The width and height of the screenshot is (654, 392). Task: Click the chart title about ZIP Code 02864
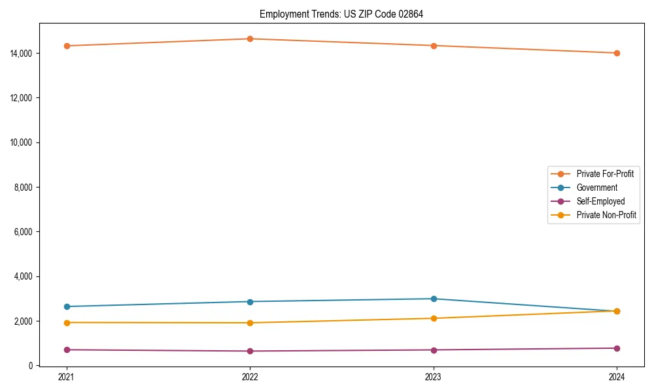click(x=341, y=14)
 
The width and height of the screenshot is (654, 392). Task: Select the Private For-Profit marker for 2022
click(x=250, y=39)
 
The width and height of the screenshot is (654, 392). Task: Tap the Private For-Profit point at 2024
click(x=617, y=53)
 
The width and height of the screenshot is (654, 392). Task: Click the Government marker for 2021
click(x=66, y=306)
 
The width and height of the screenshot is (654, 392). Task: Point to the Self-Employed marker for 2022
click(x=250, y=351)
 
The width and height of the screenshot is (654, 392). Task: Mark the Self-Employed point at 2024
click(x=617, y=348)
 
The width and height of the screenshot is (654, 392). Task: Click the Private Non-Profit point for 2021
click(x=66, y=323)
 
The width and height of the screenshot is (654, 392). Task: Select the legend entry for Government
click(x=596, y=188)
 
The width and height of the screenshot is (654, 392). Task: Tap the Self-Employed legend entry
click(x=600, y=201)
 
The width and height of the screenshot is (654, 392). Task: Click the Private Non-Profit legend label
click(x=606, y=215)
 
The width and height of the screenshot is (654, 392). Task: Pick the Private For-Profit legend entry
click(x=605, y=174)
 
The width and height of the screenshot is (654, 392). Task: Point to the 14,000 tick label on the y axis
click(x=22, y=53)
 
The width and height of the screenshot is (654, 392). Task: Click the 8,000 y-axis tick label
click(x=24, y=187)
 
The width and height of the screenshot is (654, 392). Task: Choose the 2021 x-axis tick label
click(x=66, y=377)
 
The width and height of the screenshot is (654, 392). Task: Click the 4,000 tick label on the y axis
click(x=24, y=276)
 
